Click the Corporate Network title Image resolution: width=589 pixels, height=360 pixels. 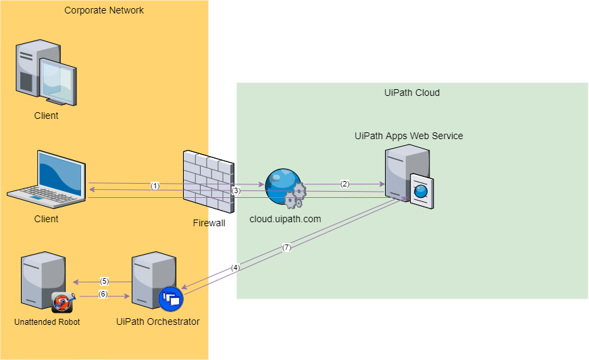tap(104, 10)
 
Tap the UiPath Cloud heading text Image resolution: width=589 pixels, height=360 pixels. tap(411, 93)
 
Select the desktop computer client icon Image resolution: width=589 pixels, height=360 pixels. tap(46, 73)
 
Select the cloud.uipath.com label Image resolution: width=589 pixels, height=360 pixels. tap(284, 219)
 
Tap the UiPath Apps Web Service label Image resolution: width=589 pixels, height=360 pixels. tap(409, 136)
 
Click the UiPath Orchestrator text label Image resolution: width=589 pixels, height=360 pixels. tap(158, 322)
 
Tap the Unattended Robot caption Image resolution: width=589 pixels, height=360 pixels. tap(47, 322)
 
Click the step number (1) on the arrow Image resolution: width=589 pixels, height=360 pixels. tap(155, 186)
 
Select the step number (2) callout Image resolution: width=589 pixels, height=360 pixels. tap(344, 184)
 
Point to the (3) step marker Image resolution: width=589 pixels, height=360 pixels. tap(236, 191)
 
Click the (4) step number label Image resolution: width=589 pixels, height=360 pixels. tap(235, 267)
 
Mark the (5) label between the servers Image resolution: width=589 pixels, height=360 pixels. tap(104, 281)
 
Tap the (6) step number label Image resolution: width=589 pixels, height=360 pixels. tap(103, 294)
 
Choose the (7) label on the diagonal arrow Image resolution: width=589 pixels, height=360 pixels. tap(286, 247)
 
